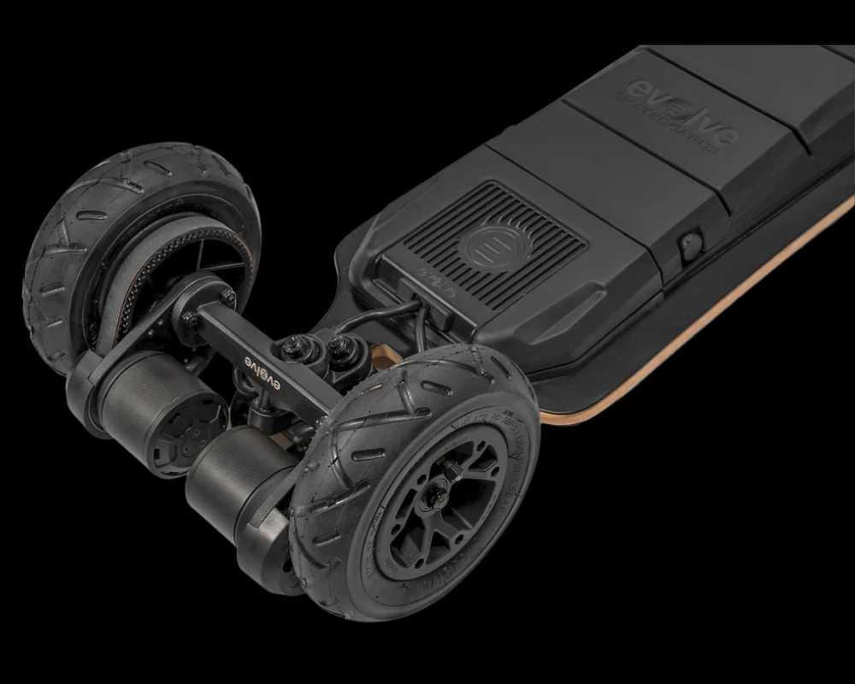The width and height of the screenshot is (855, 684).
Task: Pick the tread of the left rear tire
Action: (x=60, y=256)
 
